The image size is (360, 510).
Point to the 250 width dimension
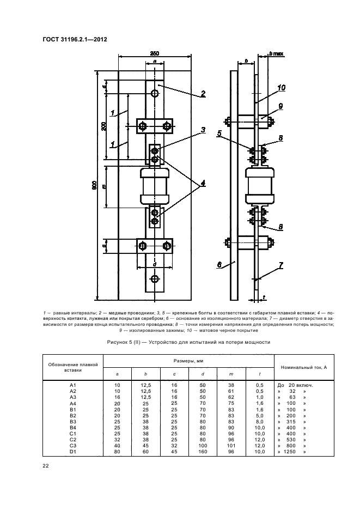pyautogui.click(x=155, y=53)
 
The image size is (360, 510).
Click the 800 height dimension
pyautogui.click(x=94, y=185)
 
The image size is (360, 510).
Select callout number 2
pyautogui.click(x=202, y=94)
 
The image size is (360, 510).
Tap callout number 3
pyautogui.click(x=202, y=130)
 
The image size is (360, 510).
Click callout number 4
pyautogui.click(x=202, y=184)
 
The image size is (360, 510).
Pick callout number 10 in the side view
pyautogui.click(x=281, y=87)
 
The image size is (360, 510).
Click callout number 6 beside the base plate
pyautogui.click(x=219, y=265)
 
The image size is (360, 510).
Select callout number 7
pyautogui.click(x=281, y=265)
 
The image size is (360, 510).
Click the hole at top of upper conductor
pyautogui.click(x=155, y=93)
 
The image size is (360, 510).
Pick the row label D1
pyautogui.click(x=72, y=452)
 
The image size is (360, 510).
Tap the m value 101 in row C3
pyautogui.click(x=231, y=446)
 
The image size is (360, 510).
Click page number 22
pyautogui.click(x=46, y=466)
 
